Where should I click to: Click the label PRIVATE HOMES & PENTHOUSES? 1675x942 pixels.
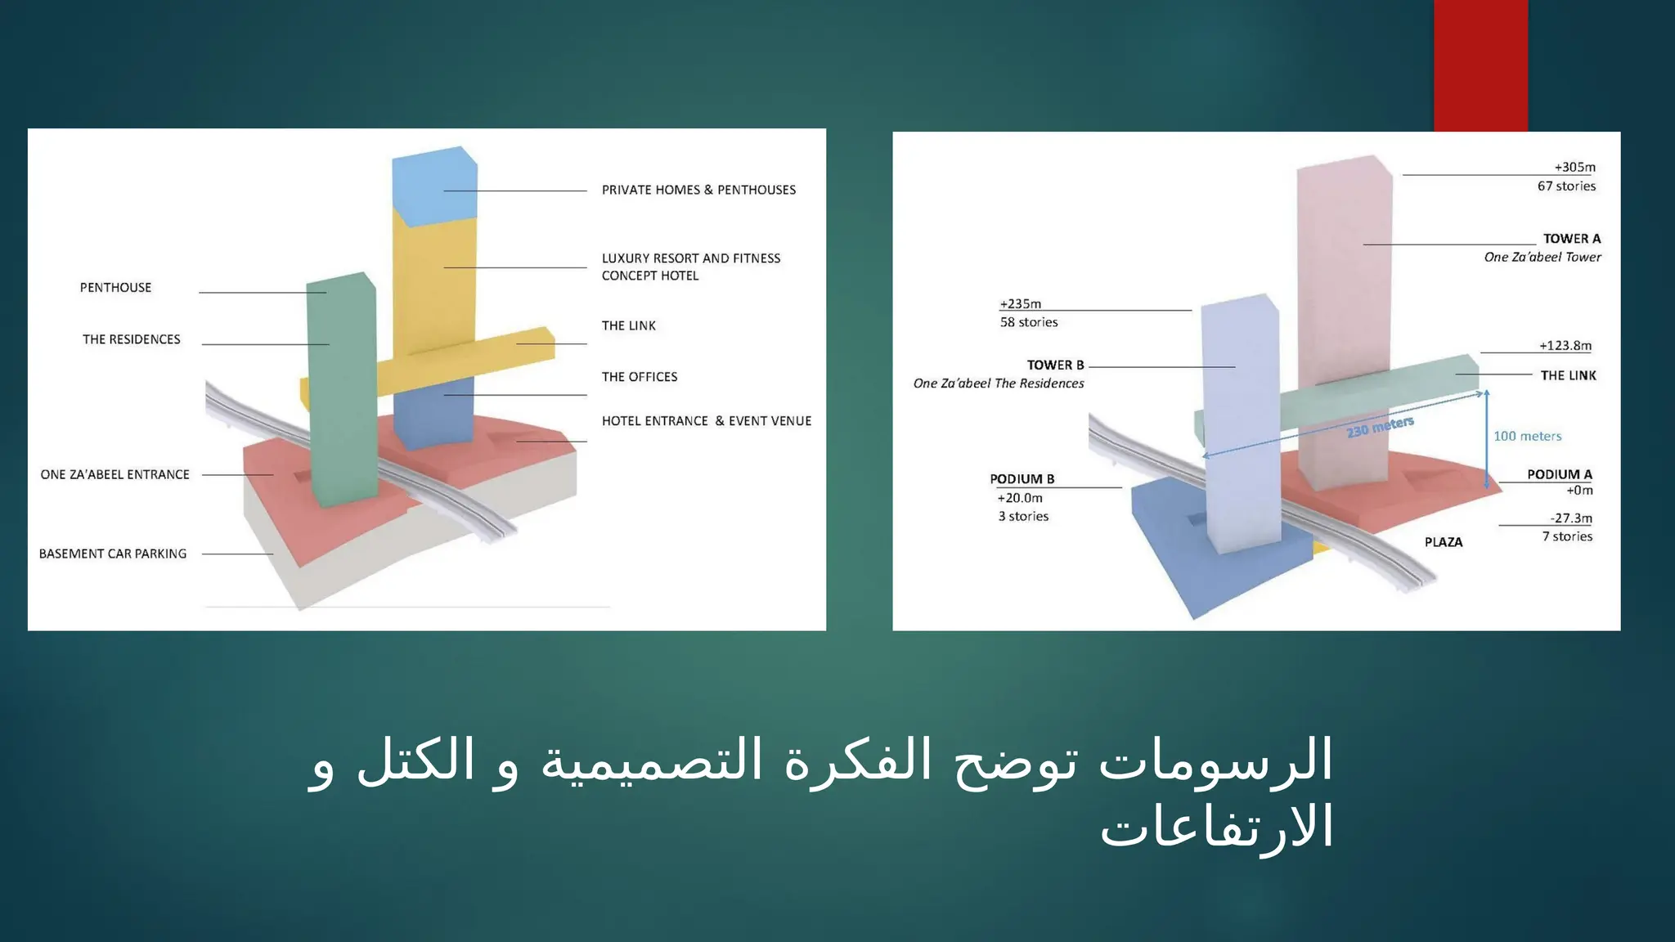[698, 190]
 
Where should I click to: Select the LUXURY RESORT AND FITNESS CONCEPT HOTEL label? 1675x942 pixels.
[690, 267]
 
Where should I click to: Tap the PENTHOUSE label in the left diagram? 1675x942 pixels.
[115, 288]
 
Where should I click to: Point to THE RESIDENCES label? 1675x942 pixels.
[131, 339]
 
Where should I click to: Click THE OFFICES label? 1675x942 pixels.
[640, 377]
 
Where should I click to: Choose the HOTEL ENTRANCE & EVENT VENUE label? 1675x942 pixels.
[707, 421]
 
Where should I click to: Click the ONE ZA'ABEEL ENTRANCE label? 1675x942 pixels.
[115, 474]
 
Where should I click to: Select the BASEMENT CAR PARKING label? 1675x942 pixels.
[113, 554]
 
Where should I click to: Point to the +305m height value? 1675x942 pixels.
[1574, 168]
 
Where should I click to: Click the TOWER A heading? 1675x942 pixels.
[1571, 239]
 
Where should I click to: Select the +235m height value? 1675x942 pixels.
[1020, 304]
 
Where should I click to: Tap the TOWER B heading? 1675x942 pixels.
[1055, 366]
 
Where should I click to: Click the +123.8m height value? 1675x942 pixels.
[1565, 346]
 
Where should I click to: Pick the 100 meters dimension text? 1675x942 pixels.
[1527, 437]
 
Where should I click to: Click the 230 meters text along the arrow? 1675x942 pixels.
[1380, 427]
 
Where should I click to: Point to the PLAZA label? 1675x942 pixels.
[1443, 542]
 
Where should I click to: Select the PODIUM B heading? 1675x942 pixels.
[1022, 479]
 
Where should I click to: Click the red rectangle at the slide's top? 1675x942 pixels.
[1480, 65]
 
